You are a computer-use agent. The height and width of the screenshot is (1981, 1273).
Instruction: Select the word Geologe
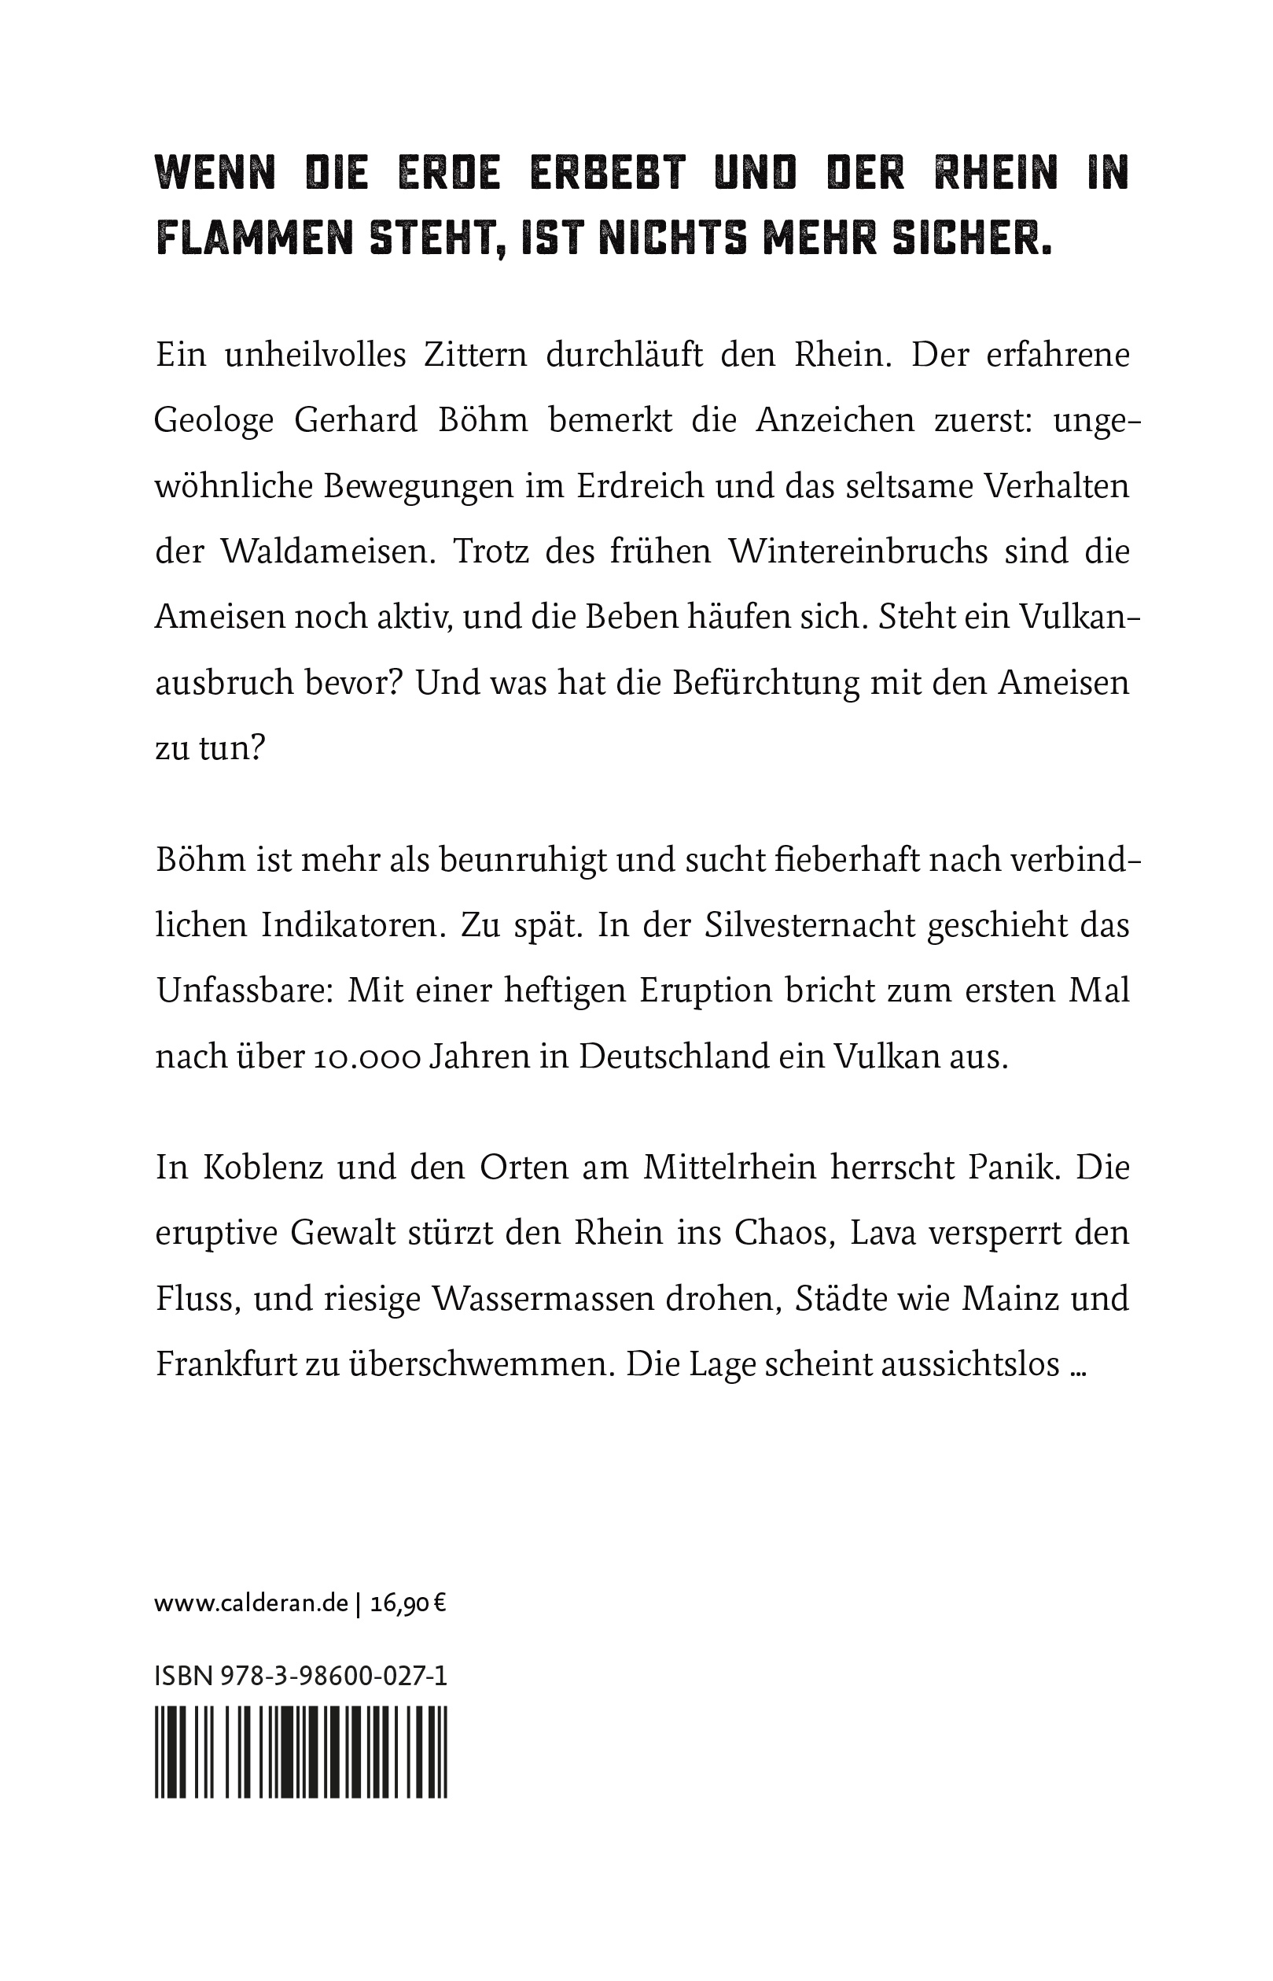pos(214,421)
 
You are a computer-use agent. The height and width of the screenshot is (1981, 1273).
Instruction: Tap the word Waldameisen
pos(327,552)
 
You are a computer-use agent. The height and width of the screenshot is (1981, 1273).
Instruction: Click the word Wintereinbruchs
pos(858,552)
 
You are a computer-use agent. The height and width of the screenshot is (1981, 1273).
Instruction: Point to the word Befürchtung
pos(767,684)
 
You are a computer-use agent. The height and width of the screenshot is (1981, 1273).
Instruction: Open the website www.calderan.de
pos(252,1604)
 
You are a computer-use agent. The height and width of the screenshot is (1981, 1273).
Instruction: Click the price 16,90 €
pos(408,1604)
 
